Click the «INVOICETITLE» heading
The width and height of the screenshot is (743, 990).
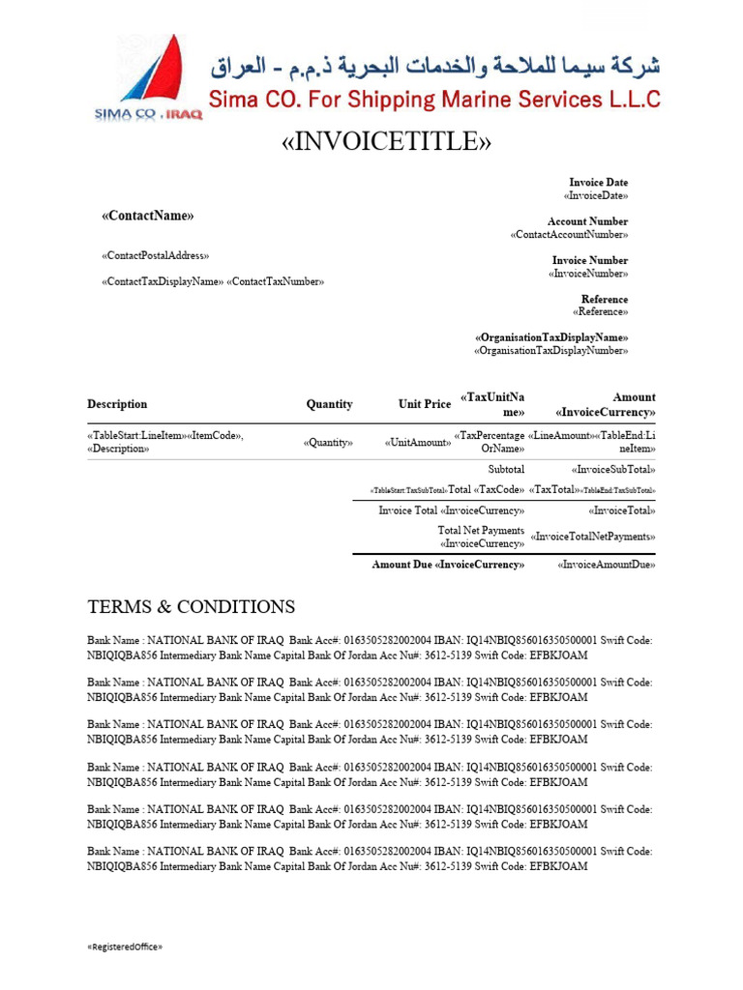tap(386, 141)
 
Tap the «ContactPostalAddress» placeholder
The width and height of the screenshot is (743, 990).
tap(155, 255)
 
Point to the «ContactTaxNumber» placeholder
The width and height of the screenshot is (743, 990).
tap(276, 281)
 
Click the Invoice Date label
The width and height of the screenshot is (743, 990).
tap(598, 182)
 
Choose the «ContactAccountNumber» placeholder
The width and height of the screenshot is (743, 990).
tap(569, 235)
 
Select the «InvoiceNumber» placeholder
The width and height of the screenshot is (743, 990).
tap(587, 274)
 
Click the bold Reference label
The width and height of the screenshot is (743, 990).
tap(604, 299)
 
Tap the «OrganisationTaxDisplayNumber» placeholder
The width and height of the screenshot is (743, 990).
tap(550, 351)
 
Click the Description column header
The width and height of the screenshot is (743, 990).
tap(117, 404)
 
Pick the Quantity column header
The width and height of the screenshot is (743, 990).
tap(329, 404)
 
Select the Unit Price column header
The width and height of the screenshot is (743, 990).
tap(424, 404)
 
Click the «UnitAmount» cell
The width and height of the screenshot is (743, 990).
tap(417, 443)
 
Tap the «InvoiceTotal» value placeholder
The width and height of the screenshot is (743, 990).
tap(621, 510)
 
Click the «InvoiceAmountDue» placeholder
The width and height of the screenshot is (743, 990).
tap(607, 565)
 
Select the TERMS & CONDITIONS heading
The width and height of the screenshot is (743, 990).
tap(191, 607)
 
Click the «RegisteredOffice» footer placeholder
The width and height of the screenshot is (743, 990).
tap(125, 946)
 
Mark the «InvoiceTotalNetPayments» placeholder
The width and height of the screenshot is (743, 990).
tap(593, 537)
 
